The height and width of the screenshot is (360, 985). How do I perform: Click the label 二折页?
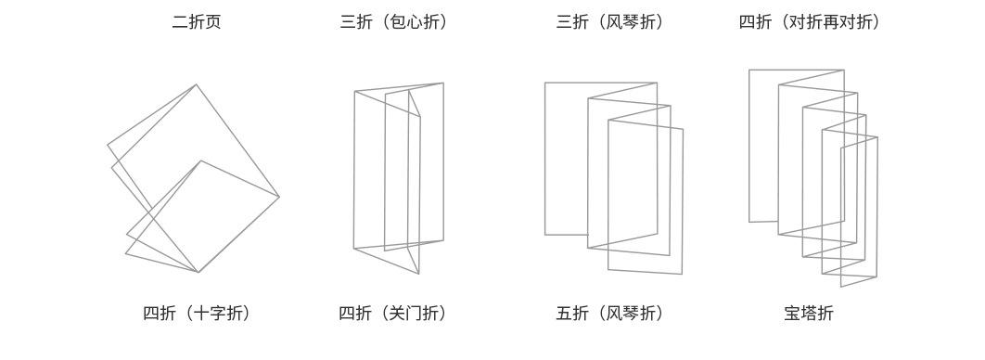coord(197,22)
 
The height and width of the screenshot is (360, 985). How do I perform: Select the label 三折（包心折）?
coord(394,22)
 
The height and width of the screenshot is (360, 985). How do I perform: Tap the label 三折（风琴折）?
coord(610,22)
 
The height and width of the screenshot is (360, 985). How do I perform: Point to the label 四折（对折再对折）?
coord(809,22)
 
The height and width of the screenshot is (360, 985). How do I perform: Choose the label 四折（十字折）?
coord(197,313)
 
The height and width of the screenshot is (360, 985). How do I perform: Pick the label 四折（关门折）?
coord(394,313)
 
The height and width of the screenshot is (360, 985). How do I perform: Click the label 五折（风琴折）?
coord(610,313)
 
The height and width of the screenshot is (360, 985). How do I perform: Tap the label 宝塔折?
coord(809,313)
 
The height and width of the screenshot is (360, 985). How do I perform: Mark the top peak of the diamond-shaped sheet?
coord(196,84)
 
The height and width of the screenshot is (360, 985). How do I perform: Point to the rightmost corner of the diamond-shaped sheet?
coord(279,197)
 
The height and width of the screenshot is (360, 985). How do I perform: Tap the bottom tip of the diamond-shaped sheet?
coord(198,273)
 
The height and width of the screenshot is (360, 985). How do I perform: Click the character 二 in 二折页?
coord(180,22)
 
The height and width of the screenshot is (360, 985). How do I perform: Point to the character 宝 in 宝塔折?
coord(792,313)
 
